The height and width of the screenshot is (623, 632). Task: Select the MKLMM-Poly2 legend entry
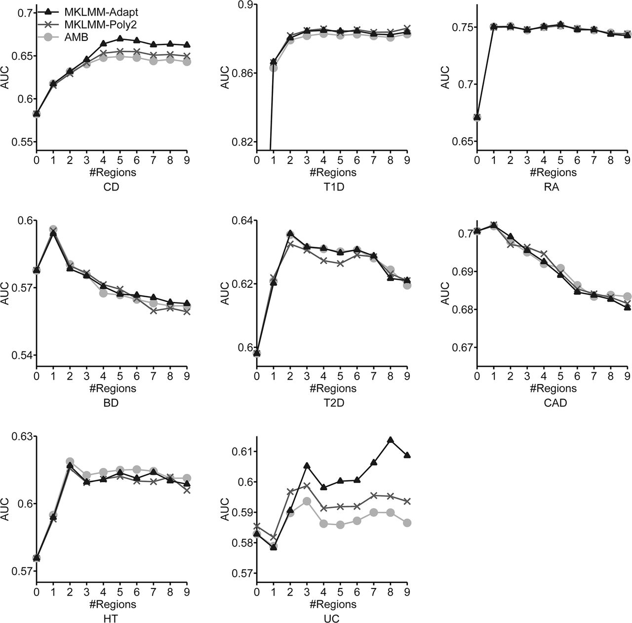[x=96, y=24]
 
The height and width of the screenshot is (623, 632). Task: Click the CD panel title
[x=112, y=188]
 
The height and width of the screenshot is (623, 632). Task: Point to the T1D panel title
[x=332, y=188]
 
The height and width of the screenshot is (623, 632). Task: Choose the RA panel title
[x=552, y=188]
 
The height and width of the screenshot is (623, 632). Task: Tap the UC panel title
[x=332, y=619]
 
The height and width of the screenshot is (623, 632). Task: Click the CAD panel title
[x=552, y=403]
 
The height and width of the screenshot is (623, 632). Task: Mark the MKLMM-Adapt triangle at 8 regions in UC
[x=391, y=439]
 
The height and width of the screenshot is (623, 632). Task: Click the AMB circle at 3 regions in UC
[x=307, y=501]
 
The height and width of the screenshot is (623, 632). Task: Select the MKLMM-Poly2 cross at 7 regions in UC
[x=374, y=495]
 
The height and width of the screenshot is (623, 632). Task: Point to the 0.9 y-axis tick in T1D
[x=245, y=5]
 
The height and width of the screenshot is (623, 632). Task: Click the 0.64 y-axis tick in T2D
[x=242, y=220]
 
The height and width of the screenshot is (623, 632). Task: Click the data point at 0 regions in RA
[x=477, y=117]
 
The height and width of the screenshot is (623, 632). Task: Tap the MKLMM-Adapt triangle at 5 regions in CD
[x=119, y=38]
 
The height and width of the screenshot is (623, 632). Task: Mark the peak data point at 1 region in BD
[x=53, y=231]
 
